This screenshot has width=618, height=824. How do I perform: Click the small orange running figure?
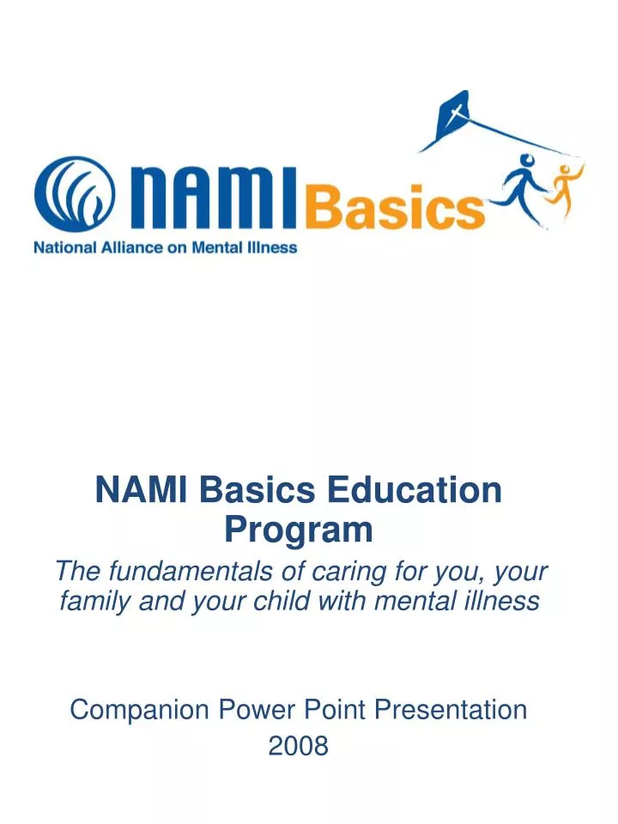coord(565,183)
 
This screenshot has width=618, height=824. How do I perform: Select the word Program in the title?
coord(299,530)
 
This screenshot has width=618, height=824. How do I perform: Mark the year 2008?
coord(299,747)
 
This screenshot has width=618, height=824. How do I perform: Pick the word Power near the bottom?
coord(257,710)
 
